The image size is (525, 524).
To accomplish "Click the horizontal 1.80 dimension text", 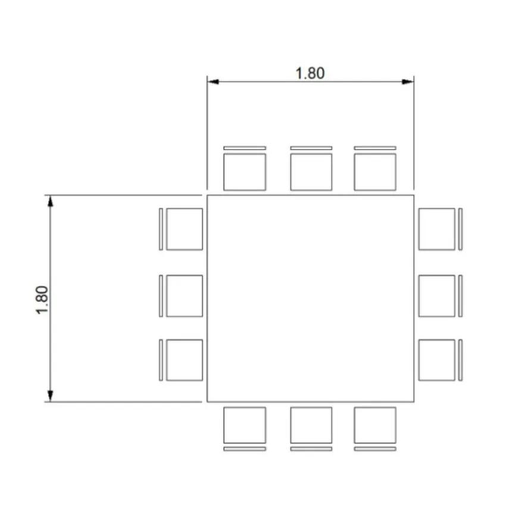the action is [310, 73].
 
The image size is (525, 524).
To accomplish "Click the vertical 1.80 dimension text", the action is [42, 300].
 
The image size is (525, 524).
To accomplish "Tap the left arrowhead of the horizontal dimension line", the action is [213, 82].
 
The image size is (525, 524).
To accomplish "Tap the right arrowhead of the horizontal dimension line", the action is [408, 82].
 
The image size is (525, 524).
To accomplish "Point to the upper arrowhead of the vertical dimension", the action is [50, 201].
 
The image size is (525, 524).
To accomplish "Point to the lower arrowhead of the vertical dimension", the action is [50, 396].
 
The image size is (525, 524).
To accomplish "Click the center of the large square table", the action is [310, 298].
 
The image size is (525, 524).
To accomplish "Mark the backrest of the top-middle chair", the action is [311, 148].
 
